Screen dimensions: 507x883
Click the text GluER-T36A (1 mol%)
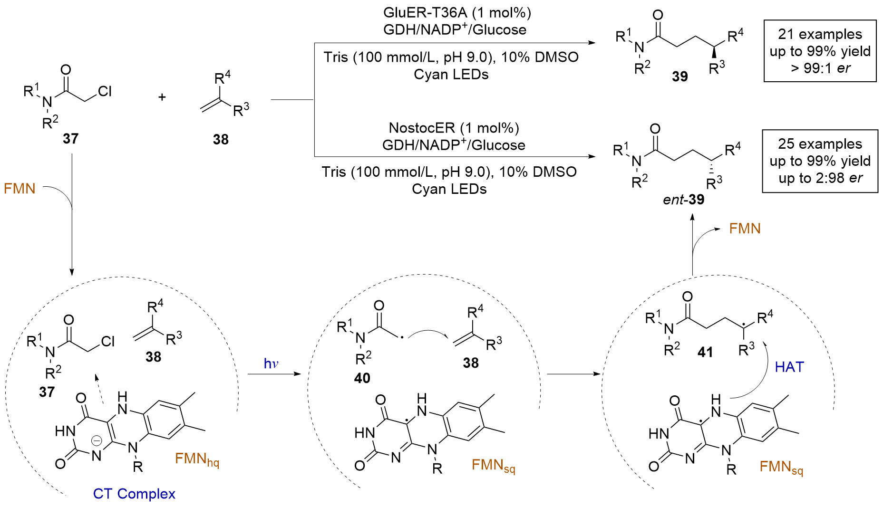457,12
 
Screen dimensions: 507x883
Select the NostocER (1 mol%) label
454,128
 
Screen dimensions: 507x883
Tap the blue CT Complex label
134,494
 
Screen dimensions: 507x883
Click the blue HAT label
789,367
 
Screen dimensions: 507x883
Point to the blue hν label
271,364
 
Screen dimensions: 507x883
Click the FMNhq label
197,459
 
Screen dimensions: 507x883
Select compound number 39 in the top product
679,76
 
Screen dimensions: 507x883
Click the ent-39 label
683,200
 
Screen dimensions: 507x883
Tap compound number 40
362,378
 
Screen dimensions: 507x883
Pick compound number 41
705,352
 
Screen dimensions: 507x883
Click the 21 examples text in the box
820,34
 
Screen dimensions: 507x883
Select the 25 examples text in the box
820,144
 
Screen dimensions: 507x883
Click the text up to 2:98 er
820,178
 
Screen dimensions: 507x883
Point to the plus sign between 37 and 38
162,97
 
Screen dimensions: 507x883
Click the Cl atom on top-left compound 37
105,91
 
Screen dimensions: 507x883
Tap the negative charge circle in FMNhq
97,441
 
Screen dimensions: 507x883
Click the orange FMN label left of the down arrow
19,189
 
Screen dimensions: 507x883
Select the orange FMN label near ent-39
745,229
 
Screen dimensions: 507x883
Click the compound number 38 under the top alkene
221,139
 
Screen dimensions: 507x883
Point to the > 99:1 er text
820,68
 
